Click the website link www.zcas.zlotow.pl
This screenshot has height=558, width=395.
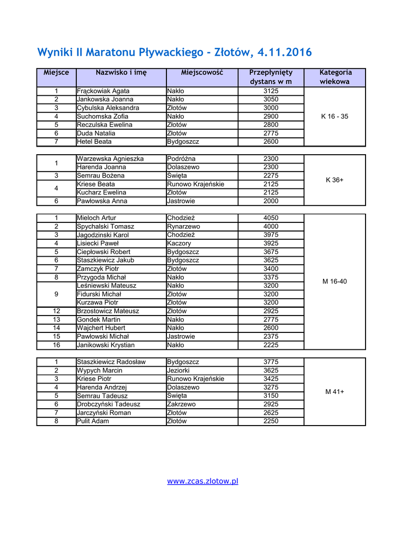202,481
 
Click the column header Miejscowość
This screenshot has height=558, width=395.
202,72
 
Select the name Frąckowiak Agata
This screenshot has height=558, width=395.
103,91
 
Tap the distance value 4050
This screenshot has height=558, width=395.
271,218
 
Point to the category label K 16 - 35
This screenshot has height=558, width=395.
334,117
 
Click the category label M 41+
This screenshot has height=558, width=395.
334,392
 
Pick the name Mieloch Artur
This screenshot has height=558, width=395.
97,218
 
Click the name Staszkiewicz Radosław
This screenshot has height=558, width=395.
111,362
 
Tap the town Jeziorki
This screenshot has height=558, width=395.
178,371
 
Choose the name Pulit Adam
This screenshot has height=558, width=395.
93,421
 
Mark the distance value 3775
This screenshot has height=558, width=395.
271,362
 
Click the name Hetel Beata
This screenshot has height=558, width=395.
94,142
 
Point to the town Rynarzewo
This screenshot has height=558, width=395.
183,227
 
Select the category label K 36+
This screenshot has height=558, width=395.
334,180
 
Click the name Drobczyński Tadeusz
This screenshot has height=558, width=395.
109,404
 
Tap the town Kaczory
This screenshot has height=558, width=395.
179,244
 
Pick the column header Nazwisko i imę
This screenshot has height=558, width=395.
121,72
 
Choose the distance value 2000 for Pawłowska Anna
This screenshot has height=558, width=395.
271,201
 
